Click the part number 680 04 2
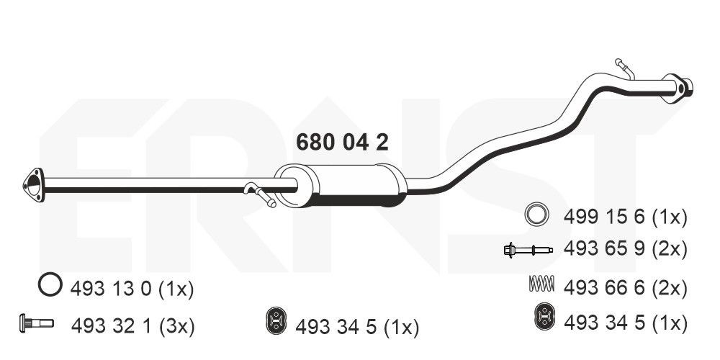click(x=342, y=143)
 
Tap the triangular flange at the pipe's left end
click(x=34, y=185)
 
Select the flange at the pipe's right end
click(x=677, y=88)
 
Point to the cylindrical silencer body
click(x=341, y=185)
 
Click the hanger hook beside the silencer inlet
click(x=259, y=194)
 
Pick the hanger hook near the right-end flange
click(x=624, y=68)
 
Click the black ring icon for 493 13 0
click(x=50, y=284)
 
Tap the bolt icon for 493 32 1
click(x=37, y=323)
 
